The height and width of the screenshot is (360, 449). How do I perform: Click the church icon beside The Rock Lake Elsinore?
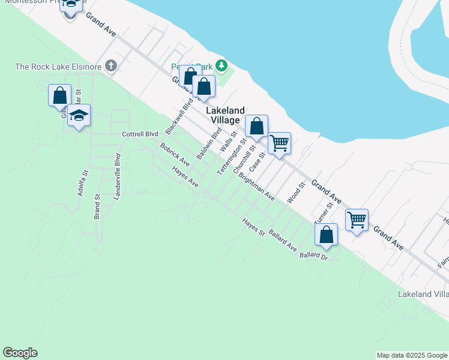[x=110, y=65]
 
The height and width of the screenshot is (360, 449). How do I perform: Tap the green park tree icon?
[x=222, y=64]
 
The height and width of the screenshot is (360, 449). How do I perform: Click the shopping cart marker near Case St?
[x=279, y=143]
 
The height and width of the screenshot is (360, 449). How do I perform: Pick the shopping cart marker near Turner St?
[x=357, y=220]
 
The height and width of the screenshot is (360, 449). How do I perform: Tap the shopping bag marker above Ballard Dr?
[x=326, y=235]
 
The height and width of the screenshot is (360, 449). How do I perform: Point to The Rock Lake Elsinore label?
[x=58, y=66]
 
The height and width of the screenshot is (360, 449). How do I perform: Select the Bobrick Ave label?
[x=175, y=155]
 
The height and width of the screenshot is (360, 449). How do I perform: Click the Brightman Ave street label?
[x=256, y=187]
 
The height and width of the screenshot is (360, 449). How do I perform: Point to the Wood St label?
[x=296, y=193]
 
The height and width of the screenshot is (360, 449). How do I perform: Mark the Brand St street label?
[x=97, y=206]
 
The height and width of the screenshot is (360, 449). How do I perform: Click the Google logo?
[x=20, y=353]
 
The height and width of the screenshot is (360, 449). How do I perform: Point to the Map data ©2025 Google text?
[x=412, y=355]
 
